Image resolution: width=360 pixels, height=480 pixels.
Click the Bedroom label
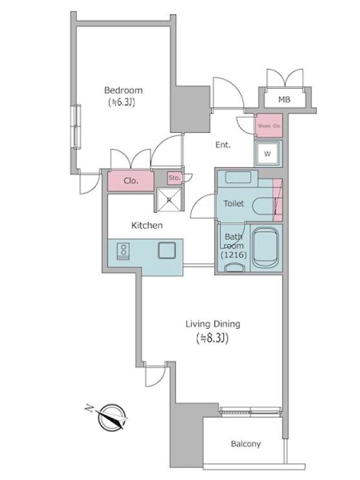click(x=124, y=91)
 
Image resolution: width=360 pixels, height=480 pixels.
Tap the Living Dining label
click(x=213, y=324)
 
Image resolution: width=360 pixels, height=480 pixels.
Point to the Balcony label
click(x=246, y=443)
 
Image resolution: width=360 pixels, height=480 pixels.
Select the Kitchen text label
click(x=147, y=226)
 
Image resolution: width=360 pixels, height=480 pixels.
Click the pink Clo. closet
click(x=131, y=181)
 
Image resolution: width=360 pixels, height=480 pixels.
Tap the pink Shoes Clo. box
click(x=269, y=125)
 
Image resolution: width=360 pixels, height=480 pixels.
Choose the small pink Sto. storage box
click(x=175, y=178)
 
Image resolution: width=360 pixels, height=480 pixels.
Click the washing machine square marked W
click(x=268, y=154)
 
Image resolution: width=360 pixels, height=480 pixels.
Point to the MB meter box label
click(x=284, y=100)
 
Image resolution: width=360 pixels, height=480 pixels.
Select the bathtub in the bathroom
click(x=266, y=248)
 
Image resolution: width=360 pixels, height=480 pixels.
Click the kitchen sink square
click(x=167, y=250)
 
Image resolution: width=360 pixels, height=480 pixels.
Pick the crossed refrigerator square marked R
click(x=169, y=200)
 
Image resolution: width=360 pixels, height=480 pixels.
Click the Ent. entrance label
click(x=223, y=145)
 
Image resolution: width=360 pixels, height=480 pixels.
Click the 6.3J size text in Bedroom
click(x=122, y=102)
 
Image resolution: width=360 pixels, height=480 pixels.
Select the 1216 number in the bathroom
click(x=233, y=254)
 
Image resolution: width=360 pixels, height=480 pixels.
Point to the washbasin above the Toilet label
click(x=238, y=177)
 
